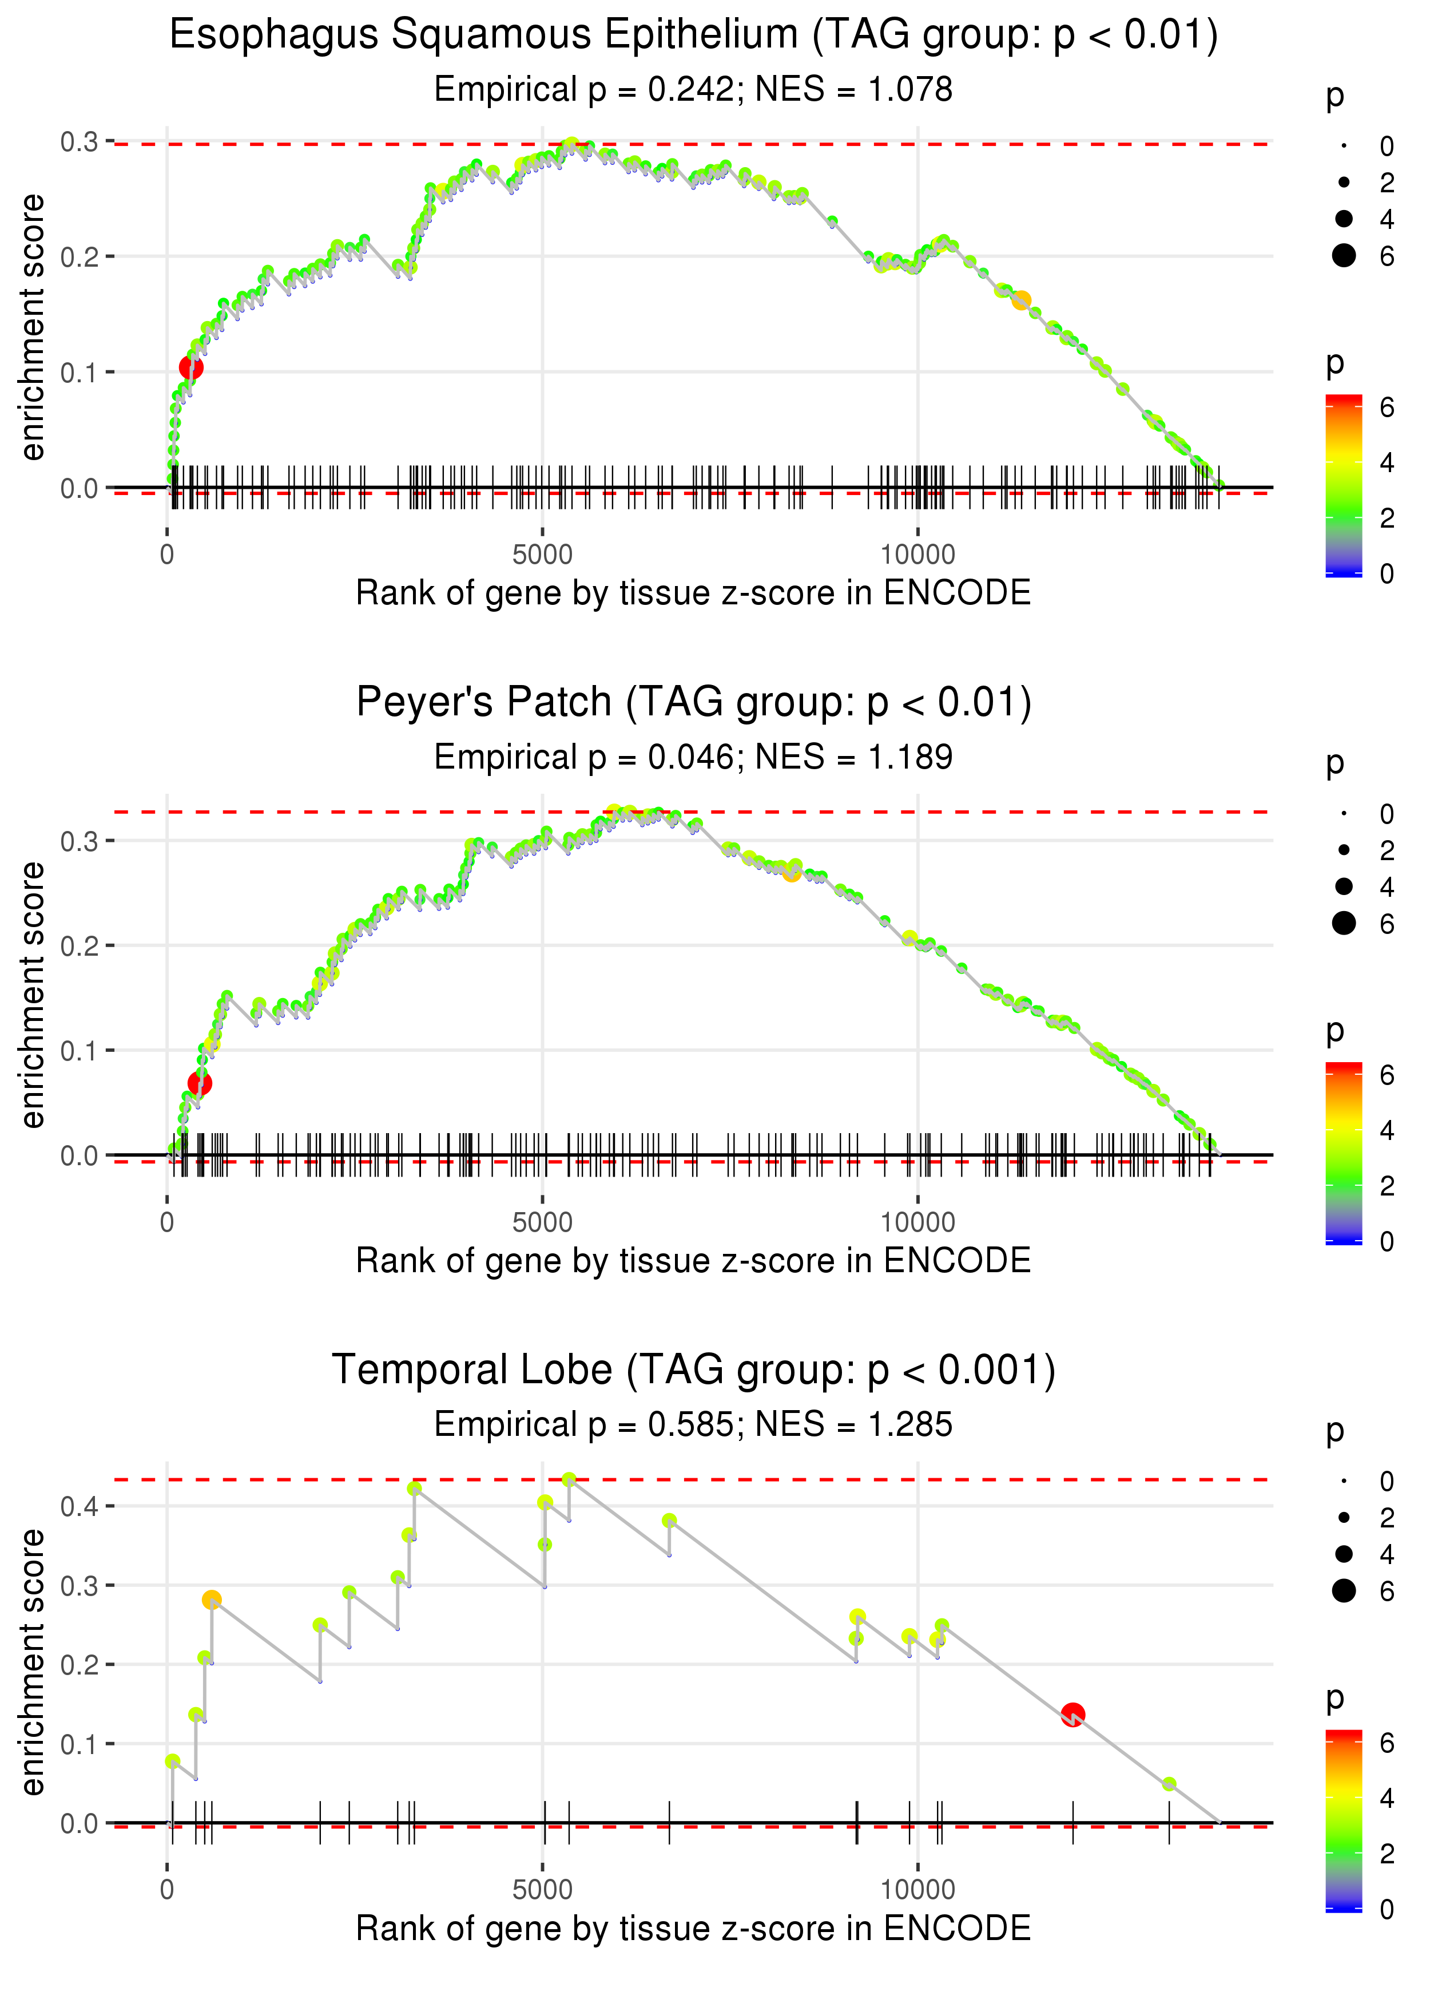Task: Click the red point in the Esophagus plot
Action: point(191,367)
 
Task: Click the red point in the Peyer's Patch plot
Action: point(200,1083)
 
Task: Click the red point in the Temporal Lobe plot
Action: point(1072,1714)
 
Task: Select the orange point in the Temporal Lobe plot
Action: point(211,1600)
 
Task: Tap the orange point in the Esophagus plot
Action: point(1020,300)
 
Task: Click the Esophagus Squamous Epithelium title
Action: point(693,35)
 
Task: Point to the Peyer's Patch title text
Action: point(693,702)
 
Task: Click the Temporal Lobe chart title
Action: point(693,1369)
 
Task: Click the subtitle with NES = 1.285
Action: point(693,1424)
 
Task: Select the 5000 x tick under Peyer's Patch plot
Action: point(542,1222)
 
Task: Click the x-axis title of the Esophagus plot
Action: point(693,593)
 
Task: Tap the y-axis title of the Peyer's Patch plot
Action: point(33,995)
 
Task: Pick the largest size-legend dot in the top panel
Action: point(1344,255)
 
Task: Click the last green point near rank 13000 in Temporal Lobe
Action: point(1169,1784)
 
